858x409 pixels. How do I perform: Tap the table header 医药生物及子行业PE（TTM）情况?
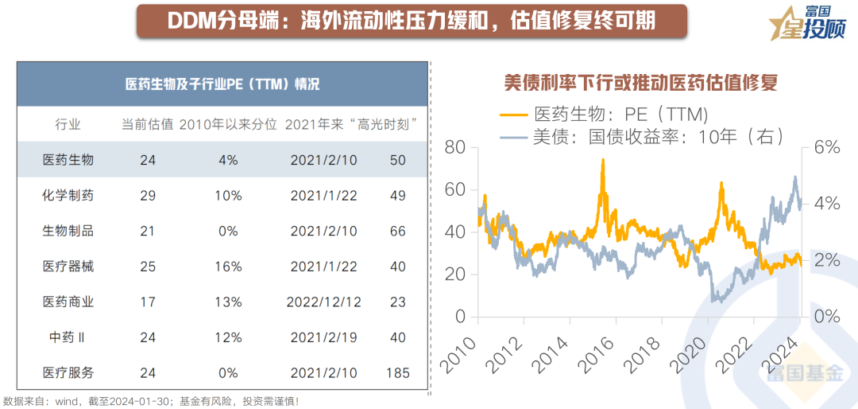(222, 84)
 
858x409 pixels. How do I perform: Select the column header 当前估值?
(147, 124)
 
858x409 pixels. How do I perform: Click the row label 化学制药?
(68, 196)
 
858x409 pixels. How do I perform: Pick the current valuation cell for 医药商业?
(147, 302)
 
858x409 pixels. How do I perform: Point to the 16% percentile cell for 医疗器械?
(229, 267)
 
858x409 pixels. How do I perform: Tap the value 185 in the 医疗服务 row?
(397, 373)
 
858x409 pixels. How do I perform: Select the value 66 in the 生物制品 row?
(397, 231)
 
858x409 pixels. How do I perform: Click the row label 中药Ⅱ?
(68, 337)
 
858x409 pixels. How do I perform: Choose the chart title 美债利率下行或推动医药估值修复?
(640, 82)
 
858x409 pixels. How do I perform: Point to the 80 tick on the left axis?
(455, 147)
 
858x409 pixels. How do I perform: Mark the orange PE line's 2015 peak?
(603, 161)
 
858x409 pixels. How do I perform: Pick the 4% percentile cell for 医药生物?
(229, 160)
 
